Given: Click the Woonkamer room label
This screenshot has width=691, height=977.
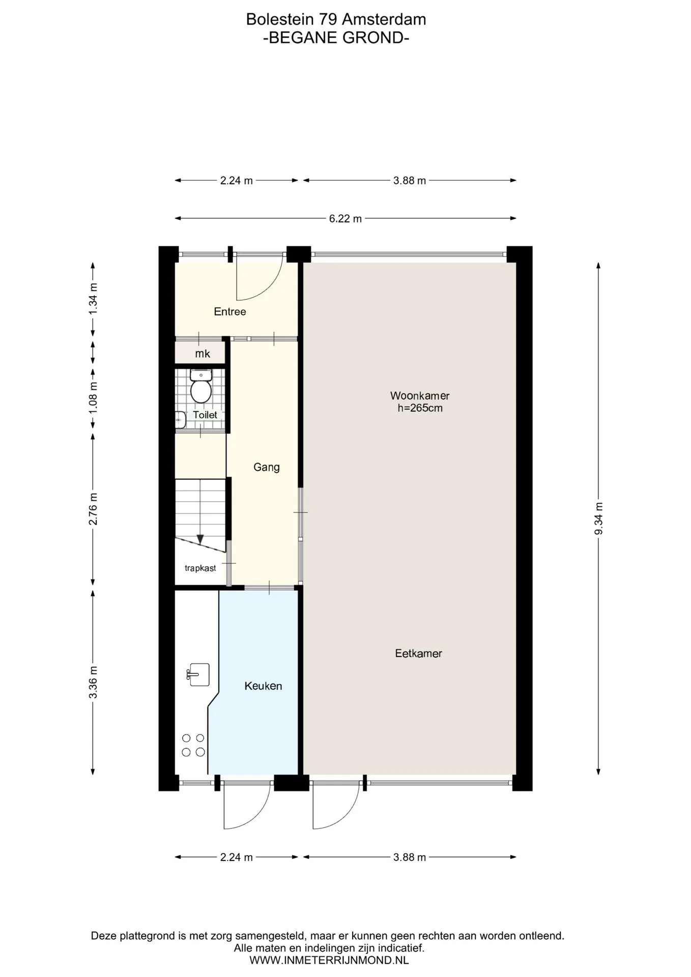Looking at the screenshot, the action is coord(420,395).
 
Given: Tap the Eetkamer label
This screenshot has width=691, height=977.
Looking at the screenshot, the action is coord(418,653).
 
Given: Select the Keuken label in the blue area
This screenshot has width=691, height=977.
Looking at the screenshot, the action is coord(263,686).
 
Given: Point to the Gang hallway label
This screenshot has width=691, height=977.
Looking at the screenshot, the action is coord(267,467).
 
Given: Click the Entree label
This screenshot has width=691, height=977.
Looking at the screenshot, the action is coord(230,311).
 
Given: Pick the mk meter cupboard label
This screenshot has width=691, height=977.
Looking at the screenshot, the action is coord(203,354).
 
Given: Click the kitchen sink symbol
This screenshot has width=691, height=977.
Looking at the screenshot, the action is coord(198,675).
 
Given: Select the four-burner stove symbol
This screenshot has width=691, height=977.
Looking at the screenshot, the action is coord(193,745).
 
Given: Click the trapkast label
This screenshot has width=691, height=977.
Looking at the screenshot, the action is coord(200,568).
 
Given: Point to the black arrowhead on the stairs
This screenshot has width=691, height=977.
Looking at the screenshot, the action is coord(200,539).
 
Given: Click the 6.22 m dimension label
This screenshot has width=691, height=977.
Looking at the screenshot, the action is coord(345,219).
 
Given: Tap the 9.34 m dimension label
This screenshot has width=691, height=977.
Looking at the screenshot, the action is coord(598,518).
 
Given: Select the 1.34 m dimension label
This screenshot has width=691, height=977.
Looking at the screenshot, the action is coord(93,299).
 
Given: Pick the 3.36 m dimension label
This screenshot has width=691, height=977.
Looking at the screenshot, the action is coord(93,682).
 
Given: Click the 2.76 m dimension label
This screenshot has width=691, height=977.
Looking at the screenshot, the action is coord(93,509).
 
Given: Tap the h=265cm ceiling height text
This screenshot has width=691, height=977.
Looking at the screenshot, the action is coord(420,408).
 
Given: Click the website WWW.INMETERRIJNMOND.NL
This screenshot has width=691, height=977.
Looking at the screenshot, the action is coord(329,961).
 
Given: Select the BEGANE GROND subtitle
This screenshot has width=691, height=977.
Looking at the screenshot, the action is coord(336,38).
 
